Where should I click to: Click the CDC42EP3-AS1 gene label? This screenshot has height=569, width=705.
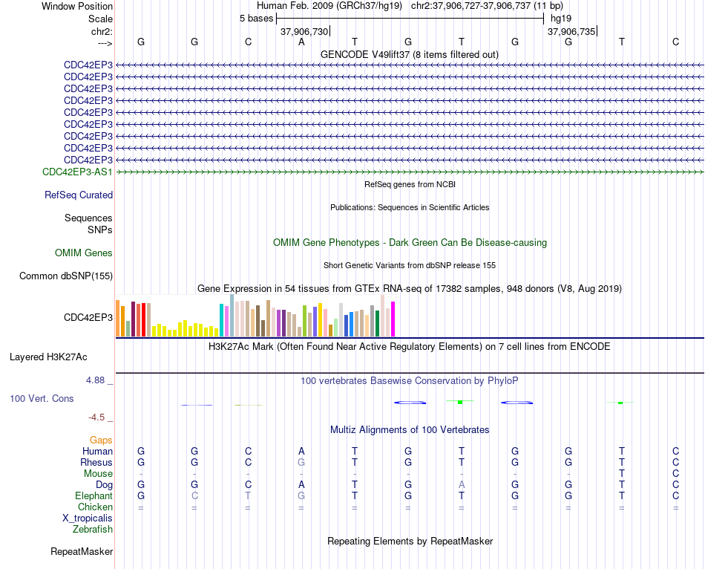77,172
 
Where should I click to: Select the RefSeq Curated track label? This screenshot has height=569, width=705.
79,195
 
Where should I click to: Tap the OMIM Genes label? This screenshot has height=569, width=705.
84,253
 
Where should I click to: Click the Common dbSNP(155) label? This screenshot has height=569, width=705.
66,276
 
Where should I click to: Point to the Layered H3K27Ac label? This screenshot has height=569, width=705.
48,357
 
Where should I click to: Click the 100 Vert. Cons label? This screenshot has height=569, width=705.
42,398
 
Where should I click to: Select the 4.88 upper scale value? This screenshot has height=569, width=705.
95,380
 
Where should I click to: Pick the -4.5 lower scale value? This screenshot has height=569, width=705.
96,417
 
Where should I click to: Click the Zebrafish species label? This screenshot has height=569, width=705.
93,530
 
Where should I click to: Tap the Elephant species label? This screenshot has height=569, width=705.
94,495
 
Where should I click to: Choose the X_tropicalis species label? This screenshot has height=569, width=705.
88,518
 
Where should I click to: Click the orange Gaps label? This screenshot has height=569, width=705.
101,440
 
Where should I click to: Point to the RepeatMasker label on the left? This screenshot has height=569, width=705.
82,551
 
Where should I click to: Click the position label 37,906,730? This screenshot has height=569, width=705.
304,31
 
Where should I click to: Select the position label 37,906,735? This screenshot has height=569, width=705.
571,31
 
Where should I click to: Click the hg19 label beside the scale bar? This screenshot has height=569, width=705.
561,19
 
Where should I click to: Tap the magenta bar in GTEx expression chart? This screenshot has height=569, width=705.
393,319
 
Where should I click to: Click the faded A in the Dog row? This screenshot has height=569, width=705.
462,484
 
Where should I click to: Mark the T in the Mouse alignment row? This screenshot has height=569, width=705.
622,473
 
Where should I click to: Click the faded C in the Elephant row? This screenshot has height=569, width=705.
194,495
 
